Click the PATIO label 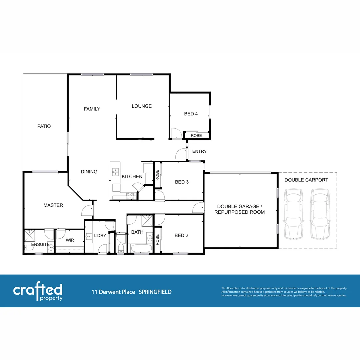point(44,126)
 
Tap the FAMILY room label point(92,109)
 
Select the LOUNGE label point(142,106)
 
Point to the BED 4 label point(191,114)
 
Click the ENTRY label point(199,151)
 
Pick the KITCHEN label point(132,177)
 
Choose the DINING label point(89,172)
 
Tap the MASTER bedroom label point(53,205)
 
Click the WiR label point(70,240)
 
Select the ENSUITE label point(40,245)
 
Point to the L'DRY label point(100,236)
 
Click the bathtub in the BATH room point(140,248)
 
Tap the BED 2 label point(181,236)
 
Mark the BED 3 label point(182,182)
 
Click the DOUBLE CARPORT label point(306,180)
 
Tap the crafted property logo point(38,292)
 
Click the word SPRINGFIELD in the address point(155,292)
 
